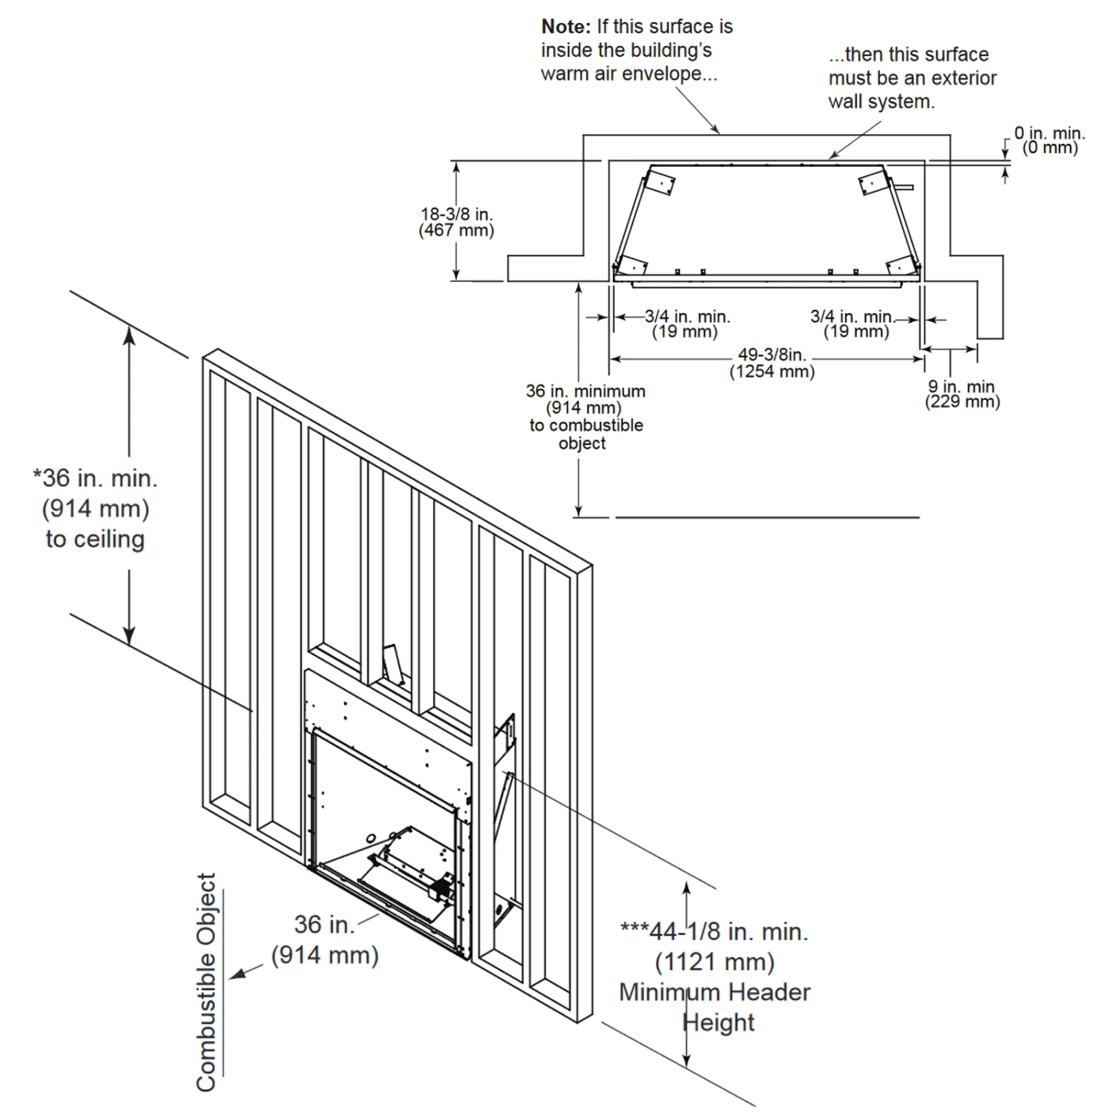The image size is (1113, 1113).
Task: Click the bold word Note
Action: pos(566,27)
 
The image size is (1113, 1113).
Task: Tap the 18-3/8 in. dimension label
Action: pos(456,214)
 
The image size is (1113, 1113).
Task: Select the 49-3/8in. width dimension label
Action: pos(772,355)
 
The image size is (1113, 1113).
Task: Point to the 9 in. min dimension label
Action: pos(962,387)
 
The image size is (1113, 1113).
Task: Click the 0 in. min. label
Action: pos(1049,134)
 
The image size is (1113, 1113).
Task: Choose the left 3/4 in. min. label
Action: pos(687,317)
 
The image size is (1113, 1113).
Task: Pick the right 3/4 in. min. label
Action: pos(853,317)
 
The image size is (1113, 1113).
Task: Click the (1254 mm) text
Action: pos(772,371)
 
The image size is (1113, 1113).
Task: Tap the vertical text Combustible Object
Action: pos(206,982)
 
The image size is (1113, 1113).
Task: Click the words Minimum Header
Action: pos(715,992)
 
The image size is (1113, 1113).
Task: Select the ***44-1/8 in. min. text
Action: pos(714,931)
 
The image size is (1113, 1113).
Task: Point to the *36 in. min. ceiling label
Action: pos(95,478)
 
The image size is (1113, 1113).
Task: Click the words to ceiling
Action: pos(95,539)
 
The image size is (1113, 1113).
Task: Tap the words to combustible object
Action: pos(586,434)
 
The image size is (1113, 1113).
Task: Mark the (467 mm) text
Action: pos(456,230)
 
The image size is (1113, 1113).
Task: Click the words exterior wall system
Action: pos(913,90)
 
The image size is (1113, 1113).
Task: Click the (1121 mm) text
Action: pos(715,962)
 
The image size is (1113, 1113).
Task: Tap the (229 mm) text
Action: pos(962,402)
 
